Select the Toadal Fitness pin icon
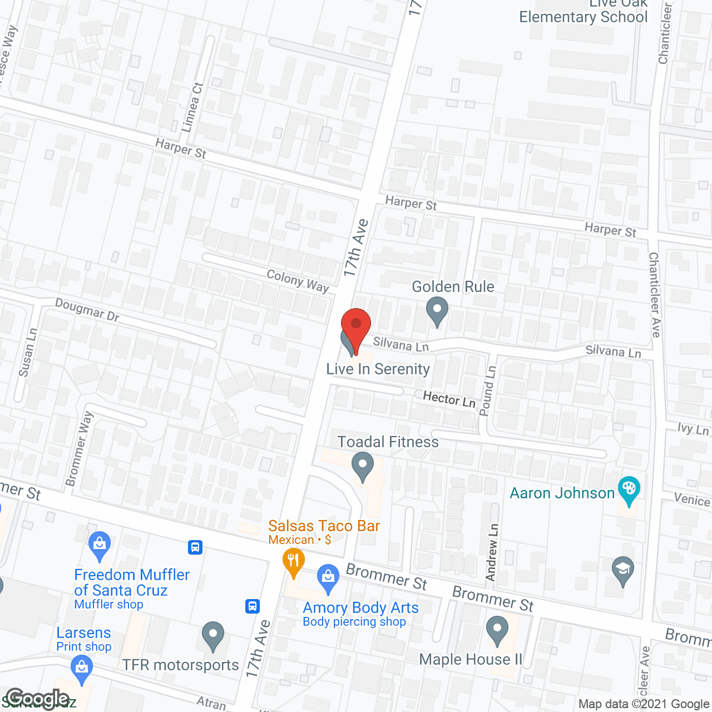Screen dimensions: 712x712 coord(363,466)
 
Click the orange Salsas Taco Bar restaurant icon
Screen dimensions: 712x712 coord(293,562)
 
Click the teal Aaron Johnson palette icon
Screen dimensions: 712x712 coord(629,491)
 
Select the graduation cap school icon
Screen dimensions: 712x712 coord(623,571)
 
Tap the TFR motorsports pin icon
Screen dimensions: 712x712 coord(212,635)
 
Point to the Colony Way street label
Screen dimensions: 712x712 coord(298,281)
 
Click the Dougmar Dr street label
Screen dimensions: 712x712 coord(87,310)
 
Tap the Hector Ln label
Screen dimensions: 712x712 coord(449,399)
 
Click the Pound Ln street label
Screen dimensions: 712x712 coord(487,390)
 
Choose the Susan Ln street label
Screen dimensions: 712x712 coord(28,352)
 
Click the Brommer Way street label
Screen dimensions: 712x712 coord(79,448)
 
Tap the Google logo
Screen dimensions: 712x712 coord(38,699)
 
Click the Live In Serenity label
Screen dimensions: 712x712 coord(378,369)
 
